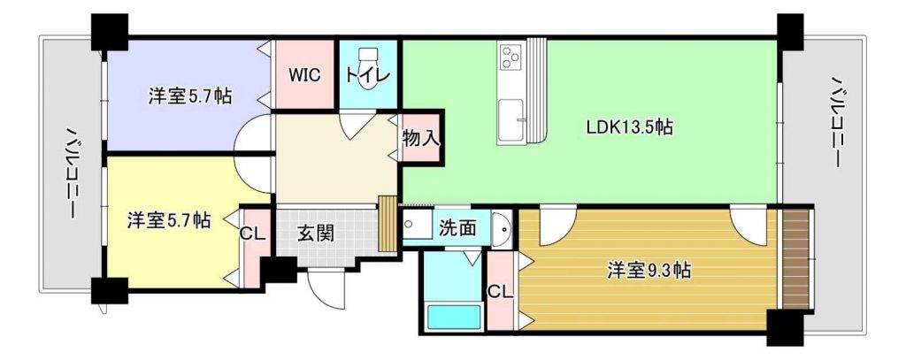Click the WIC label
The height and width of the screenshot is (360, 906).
coord(304,76)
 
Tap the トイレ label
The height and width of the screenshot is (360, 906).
coord(368,76)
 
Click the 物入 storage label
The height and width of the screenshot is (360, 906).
coord(422,138)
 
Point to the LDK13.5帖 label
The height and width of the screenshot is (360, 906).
coord(629,127)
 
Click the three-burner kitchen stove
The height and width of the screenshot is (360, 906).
coord(511,57)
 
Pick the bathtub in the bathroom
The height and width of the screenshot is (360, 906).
coord(454,318)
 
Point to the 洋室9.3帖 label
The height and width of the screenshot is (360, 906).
coord(649,270)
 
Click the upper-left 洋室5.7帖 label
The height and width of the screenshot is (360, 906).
coord(190,96)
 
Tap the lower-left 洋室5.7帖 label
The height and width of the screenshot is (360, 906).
coord(169,220)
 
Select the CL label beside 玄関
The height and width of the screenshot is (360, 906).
coord(252,234)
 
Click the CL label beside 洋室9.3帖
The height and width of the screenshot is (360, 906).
coord(501,292)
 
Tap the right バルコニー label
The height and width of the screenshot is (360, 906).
coord(836,121)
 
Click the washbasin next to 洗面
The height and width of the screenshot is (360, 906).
coord(501,229)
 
